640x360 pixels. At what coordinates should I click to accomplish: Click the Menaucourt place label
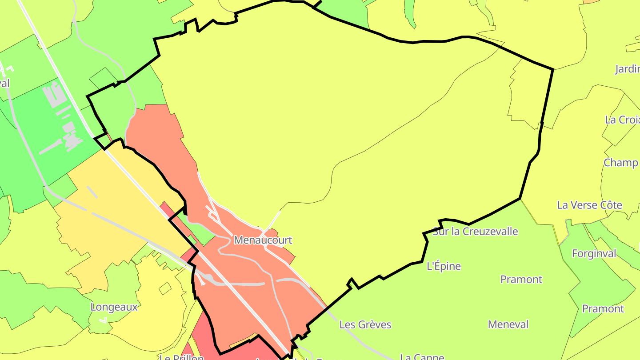(x=263, y=240)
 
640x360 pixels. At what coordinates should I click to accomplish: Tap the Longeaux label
(x=114, y=307)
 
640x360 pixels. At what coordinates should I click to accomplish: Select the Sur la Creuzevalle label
(x=475, y=232)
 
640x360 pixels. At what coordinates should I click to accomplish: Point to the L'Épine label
(x=444, y=266)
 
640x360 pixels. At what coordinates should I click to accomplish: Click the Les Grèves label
(x=365, y=324)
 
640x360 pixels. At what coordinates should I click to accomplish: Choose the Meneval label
(x=508, y=324)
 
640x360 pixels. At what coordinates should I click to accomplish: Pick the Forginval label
(x=594, y=254)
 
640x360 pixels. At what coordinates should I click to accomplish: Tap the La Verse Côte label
(x=589, y=205)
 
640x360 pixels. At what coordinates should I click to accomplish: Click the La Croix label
(x=622, y=120)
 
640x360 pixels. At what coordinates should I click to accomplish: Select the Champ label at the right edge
(x=621, y=163)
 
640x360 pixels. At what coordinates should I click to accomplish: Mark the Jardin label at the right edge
(x=627, y=69)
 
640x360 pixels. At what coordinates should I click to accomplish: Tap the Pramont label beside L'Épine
(x=521, y=280)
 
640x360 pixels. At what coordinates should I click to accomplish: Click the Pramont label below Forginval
(x=603, y=309)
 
